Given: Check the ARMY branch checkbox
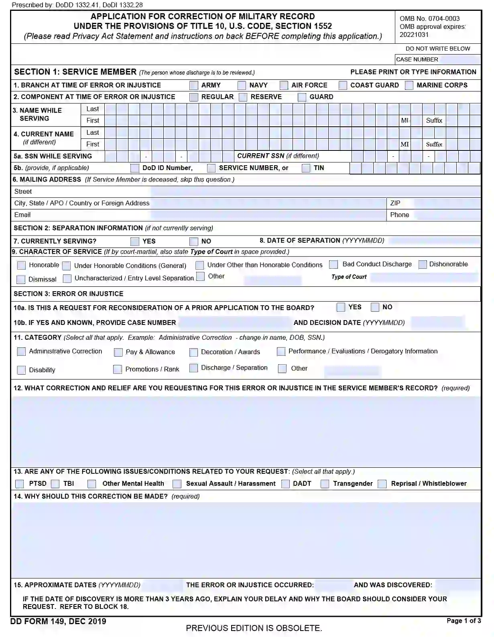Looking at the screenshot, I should coord(194,85).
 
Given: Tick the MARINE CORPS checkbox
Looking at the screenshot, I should coord(409,85).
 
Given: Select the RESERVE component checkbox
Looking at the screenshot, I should coord(243,97).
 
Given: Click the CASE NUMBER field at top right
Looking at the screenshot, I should coord(459,60).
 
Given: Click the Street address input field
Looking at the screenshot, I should coord(315,192).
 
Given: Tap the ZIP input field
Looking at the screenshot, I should coord(447,203).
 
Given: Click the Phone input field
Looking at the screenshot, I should coord(447,215).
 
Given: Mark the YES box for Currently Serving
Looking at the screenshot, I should coord(135,241).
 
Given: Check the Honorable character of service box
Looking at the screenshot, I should coord(21,266).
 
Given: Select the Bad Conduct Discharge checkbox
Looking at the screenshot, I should coord(333,265).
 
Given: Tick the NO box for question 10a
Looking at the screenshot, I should coord(375,308).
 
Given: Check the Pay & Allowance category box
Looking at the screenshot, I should coord(118,353).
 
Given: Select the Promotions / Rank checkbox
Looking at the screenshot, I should coord(118,369).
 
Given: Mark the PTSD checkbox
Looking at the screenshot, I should coord(19,484).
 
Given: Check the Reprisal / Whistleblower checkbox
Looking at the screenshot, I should coord(382,484).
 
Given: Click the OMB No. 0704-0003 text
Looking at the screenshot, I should coord(429,18).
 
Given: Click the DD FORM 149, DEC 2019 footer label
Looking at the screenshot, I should coord(59,621).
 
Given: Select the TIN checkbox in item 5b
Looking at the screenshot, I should coord(306,168).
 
